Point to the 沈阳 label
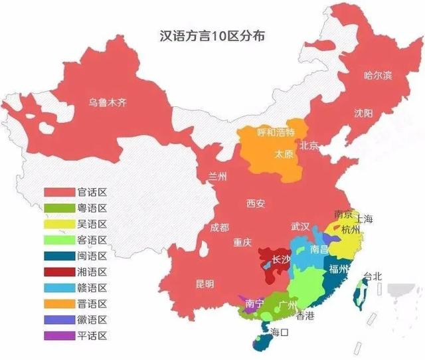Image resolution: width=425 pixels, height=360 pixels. pyautogui.click(x=364, y=112)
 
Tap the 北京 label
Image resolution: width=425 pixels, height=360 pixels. pyautogui.click(x=309, y=145)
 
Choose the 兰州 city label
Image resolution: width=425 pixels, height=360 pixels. pyautogui.click(x=218, y=176)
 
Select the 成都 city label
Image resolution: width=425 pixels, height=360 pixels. pyautogui.click(x=220, y=227)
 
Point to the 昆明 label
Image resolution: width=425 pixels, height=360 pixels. pyautogui.click(x=205, y=284)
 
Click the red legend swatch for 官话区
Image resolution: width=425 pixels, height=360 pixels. pyautogui.click(x=59, y=192)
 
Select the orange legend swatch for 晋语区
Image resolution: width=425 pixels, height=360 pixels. pyautogui.click(x=59, y=304)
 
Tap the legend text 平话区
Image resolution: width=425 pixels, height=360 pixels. pyautogui.click(x=92, y=335)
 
